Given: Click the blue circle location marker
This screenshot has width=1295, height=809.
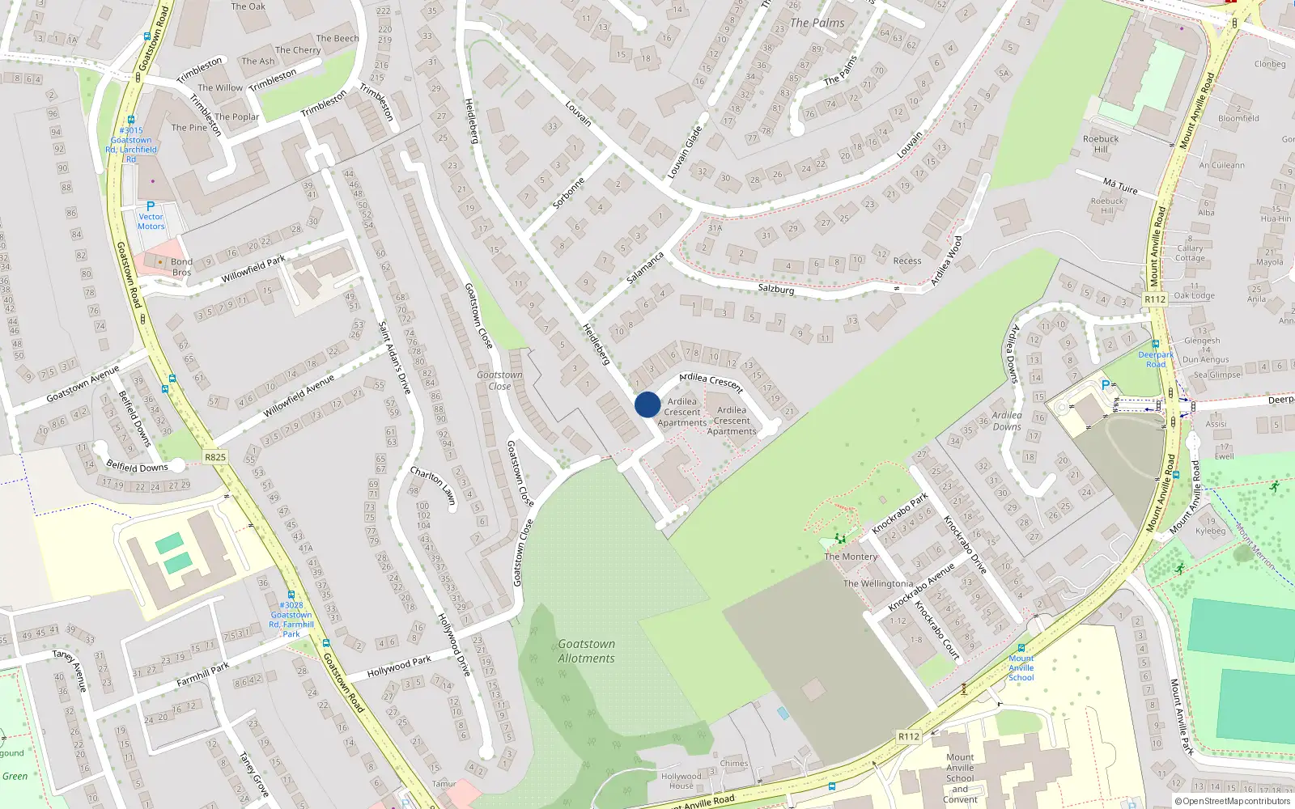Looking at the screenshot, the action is [647, 404].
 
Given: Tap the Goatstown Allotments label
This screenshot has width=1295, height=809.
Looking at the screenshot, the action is [586, 651].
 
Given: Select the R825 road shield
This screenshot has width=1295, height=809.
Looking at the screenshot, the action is [215, 457].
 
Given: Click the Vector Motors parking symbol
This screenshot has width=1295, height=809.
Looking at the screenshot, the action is [151, 206].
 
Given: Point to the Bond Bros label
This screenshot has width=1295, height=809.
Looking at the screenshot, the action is [181, 267].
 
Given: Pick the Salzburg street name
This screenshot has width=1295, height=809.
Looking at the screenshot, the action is [776, 289].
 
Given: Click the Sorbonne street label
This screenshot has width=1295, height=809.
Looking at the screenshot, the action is [568, 194].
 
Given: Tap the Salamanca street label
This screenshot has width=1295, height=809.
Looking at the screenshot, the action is [645, 268].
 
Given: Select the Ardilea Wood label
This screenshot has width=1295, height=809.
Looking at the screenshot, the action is [945, 260].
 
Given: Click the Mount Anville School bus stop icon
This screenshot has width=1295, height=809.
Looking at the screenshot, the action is [1021, 647].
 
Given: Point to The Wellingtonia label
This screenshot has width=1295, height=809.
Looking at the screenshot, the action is [878, 583].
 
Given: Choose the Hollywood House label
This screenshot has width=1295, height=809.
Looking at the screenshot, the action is [681, 781].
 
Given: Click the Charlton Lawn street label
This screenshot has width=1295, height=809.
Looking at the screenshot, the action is [433, 486].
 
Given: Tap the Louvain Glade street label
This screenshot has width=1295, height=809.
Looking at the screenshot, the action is [685, 152].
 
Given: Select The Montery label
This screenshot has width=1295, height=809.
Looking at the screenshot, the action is [851, 557].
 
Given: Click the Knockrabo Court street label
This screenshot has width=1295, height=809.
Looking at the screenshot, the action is [937, 630].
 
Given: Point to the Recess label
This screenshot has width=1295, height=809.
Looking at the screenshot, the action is [907, 260].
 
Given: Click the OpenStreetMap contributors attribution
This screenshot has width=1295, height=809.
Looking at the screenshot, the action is [1233, 801].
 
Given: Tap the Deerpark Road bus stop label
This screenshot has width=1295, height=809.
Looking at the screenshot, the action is [1156, 359].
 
